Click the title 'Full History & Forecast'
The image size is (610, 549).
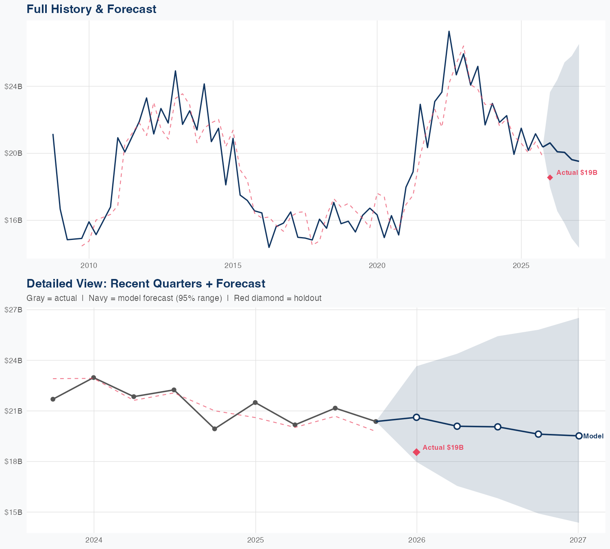tap(91, 9)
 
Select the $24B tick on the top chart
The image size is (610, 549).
tap(13, 86)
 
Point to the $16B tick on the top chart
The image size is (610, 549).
tap(13, 220)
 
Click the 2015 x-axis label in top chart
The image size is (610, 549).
tap(233, 266)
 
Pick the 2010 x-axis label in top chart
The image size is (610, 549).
tap(89, 266)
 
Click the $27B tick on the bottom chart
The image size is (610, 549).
tap(13, 310)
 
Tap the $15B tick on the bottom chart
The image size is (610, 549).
tap(13, 512)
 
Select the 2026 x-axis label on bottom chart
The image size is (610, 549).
tap(416, 540)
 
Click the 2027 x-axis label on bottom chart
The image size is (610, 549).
tap(578, 540)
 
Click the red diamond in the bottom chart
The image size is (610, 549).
tap(416, 452)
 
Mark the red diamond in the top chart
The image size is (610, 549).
tap(550, 178)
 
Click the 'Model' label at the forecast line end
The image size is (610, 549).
tap(593, 436)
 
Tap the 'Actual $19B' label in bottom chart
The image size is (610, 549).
tap(443, 448)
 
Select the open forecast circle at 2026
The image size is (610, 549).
tap(416, 417)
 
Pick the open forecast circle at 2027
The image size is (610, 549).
tap(579, 436)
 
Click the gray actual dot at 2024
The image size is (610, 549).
tap(94, 378)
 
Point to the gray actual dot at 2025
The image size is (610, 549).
tap(255, 403)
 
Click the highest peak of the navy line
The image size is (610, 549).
tap(449, 31)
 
